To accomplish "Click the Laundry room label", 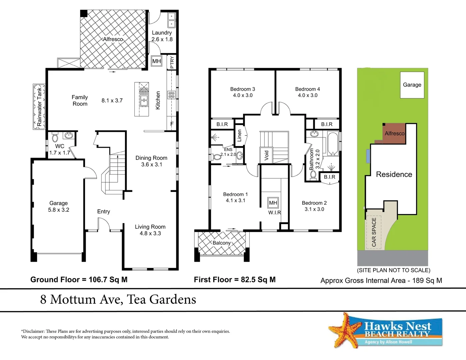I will (162, 33).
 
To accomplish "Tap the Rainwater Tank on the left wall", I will (39, 107).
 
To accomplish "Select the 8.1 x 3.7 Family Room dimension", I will (112, 100).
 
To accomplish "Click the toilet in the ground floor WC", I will (55, 137).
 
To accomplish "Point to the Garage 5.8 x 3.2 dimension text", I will (59, 210).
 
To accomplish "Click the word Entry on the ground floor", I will (103, 211).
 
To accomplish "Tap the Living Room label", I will (150, 227).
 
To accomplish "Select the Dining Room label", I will (151, 158).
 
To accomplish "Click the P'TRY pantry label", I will (172, 62).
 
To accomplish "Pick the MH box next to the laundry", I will (156, 61).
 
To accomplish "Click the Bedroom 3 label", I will (242, 89).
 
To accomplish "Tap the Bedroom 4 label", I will (307, 89).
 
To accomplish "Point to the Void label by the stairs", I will (266, 155).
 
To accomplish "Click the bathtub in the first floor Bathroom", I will (333, 144).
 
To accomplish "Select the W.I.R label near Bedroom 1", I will (274, 212).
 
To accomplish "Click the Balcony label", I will (221, 243).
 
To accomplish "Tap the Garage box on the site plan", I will (412, 85).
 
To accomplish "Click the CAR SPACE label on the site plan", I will (374, 232).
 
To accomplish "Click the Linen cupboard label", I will (239, 136).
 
